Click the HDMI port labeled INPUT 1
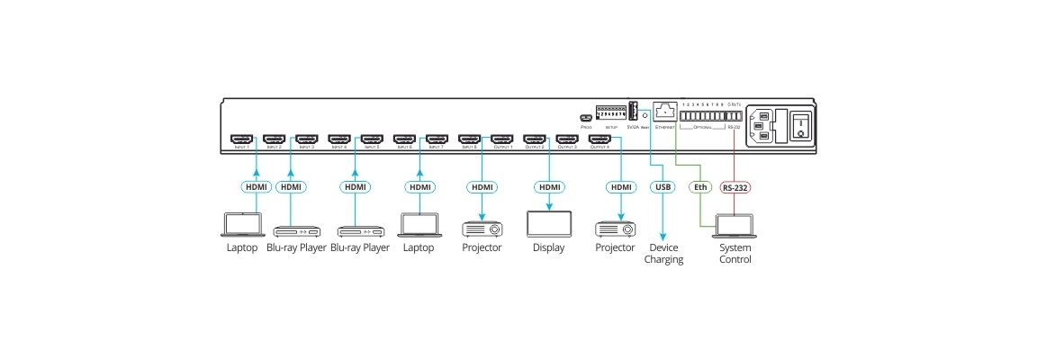240,139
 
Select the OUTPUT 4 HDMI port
600,139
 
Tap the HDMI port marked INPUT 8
469,139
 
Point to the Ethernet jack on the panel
664,112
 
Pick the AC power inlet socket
762,125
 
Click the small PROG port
586,118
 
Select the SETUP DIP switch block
610,114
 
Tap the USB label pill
662,187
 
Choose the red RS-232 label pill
735,187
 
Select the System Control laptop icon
734,226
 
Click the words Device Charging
663,254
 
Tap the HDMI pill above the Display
548,187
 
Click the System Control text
734,254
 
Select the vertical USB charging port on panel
632,112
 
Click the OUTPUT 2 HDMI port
535,139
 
